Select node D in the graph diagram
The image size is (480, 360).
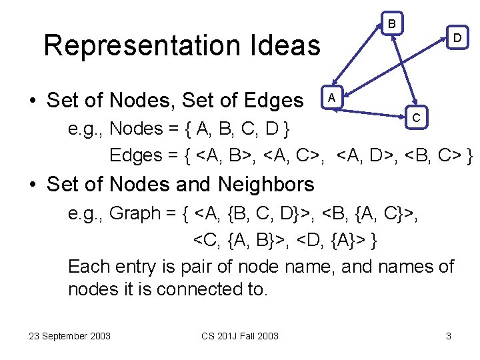457,38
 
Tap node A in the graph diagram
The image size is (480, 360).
333,97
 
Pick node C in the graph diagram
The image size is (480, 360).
415,118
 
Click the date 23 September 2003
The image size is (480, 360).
70,336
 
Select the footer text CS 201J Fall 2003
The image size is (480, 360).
239,336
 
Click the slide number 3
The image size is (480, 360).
449,336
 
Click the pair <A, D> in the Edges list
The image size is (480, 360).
365,156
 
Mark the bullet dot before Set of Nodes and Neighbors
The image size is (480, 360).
33,185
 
